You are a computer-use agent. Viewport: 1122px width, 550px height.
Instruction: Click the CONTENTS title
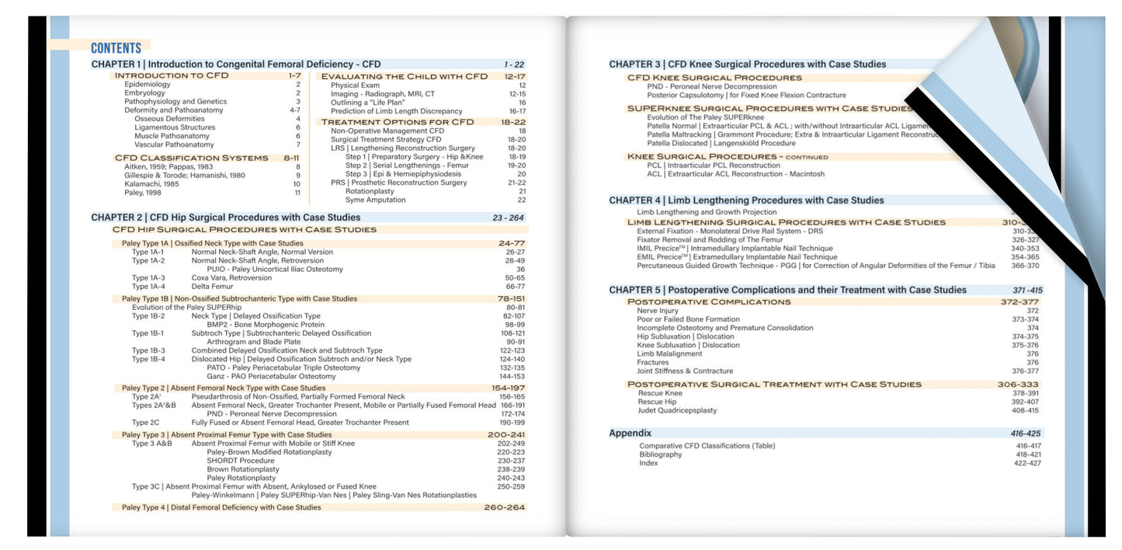click(116, 47)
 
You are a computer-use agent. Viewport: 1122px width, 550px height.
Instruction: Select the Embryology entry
click(144, 93)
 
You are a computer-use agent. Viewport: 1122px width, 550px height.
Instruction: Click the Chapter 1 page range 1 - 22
click(513, 64)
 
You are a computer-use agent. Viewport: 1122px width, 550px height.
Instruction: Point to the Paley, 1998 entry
click(144, 193)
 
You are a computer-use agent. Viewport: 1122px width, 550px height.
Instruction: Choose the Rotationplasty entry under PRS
click(370, 191)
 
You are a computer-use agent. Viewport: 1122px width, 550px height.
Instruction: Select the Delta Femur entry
click(212, 287)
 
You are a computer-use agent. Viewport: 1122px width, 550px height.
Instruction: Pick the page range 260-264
click(504, 507)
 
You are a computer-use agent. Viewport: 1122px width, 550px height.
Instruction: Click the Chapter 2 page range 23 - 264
click(508, 218)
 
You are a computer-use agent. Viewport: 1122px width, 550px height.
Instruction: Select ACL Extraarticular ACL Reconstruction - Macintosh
click(735, 174)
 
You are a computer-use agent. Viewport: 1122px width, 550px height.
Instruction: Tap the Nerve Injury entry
click(657, 311)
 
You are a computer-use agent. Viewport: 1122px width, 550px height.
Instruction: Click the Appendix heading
click(630, 433)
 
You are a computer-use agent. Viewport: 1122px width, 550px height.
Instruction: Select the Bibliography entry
click(660, 454)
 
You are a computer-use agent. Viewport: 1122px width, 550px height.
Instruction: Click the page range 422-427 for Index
click(1028, 463)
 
